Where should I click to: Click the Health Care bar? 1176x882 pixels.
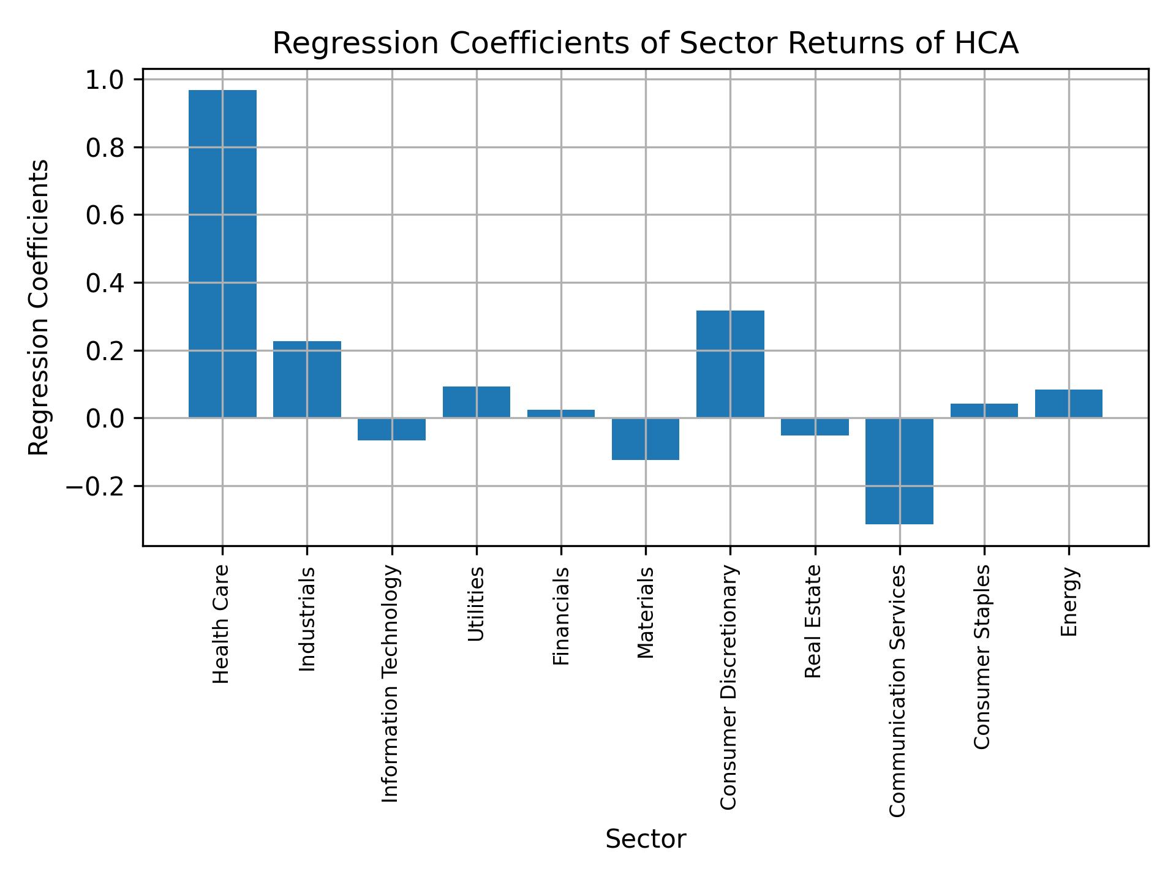222,254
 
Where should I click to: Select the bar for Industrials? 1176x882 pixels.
307,379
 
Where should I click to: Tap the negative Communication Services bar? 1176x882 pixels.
899,471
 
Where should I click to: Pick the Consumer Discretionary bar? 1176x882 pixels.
730,364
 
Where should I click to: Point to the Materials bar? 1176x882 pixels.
646,439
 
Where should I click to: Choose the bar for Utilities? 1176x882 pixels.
477,402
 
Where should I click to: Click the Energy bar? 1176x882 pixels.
1069,404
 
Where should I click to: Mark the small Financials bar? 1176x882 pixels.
561,413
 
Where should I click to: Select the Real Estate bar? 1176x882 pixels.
815,426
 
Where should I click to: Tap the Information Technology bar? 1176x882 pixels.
392,429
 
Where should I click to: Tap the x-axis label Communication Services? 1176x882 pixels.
897,690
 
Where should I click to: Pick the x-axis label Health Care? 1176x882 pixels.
221,624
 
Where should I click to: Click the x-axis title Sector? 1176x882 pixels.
646,839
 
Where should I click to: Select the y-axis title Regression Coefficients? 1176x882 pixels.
39,307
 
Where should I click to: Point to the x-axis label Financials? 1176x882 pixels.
561,616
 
